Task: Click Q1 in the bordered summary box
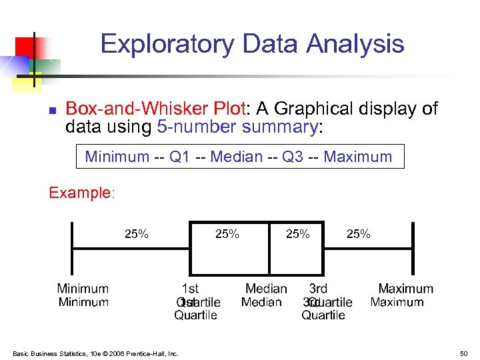179,157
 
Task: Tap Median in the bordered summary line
235,157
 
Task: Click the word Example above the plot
79,193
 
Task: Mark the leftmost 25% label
137,234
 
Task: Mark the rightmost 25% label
359,234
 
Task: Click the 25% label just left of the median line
227,234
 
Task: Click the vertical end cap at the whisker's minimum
72,247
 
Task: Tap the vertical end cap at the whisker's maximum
413,247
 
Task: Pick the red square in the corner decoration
25,47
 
